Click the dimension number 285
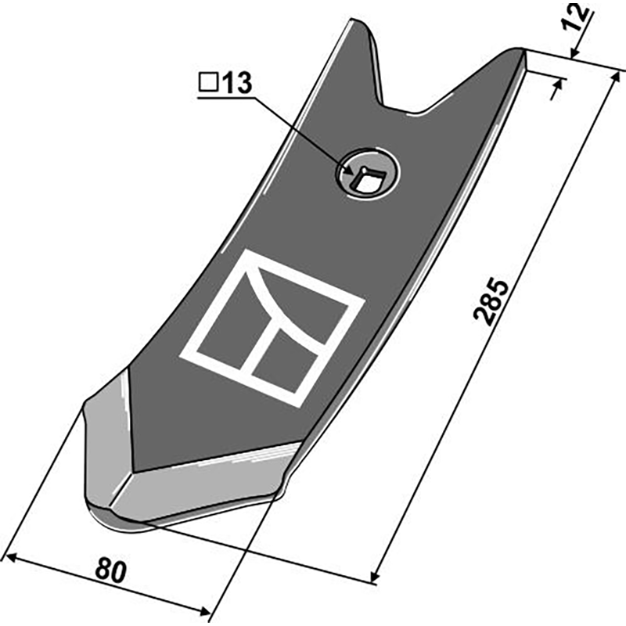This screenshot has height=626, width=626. [491, 300]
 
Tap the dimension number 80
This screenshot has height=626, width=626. [111, 571]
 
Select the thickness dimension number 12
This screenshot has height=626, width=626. [576, 16]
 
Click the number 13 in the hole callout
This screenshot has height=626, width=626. [237, 83]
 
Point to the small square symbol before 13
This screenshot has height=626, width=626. [208, 83]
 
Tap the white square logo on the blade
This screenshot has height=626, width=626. [273, 327]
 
